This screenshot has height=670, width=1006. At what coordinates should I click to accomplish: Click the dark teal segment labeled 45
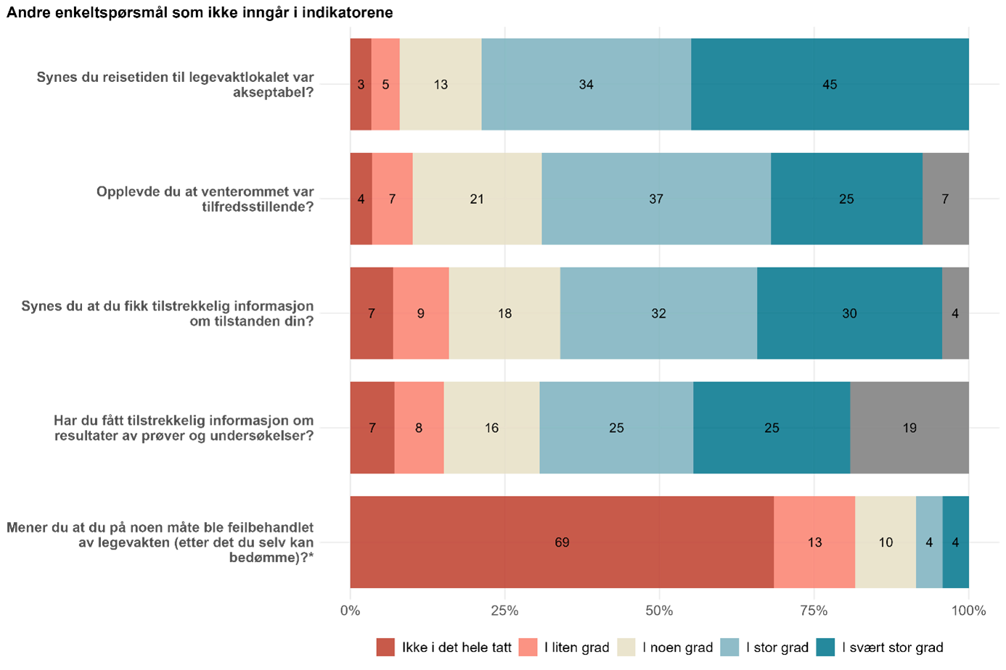click(830, 84)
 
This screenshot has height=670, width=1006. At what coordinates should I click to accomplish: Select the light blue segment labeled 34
click(586, 84)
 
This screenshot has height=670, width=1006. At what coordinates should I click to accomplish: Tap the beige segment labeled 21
click(477, 199)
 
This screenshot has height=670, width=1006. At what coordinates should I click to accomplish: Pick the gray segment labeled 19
click(909, 428)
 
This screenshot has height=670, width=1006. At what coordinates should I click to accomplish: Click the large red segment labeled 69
click(561, 542)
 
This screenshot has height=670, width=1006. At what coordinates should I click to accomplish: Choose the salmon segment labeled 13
click(814, 542)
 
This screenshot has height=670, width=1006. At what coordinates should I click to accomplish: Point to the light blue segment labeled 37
click(656, 199)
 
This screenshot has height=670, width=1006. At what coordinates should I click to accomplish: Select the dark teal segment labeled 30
click(849, 313)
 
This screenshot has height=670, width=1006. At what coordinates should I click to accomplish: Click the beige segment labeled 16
click(491, 428)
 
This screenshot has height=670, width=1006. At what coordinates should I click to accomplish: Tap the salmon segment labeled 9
click(420, 313)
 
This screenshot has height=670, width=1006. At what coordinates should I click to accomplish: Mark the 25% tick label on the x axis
click(504, 611)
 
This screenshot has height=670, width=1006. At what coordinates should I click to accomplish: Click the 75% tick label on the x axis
click(814, 611)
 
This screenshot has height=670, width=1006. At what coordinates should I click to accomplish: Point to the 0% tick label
click(350, 611)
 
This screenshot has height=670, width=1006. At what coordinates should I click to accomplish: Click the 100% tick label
click(968, 611)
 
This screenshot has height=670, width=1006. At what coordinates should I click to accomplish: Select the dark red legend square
click(385, 647)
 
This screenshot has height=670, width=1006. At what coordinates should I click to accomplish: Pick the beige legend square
click(626, 647)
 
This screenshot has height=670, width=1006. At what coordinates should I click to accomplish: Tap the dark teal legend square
click(825, 647)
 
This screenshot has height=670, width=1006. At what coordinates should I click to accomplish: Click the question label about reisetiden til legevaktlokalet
click(175, 84)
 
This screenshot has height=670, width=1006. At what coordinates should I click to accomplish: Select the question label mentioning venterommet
click(205, 199)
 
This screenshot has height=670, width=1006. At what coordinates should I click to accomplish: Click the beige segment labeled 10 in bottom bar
click(886, 542)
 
